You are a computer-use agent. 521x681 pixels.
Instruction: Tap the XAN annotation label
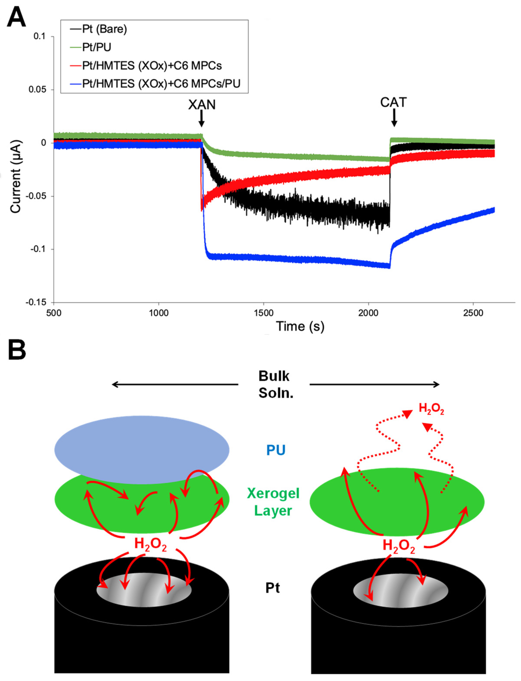(202, 105)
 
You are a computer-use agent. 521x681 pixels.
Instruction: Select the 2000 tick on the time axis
(368, 313)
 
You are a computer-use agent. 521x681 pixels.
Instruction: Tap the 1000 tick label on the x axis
(158, 313)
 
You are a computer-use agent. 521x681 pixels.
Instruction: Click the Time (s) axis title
(300, 326)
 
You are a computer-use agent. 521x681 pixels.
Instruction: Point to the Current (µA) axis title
(15, 177)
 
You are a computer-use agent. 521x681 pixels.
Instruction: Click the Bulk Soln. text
(274, 384)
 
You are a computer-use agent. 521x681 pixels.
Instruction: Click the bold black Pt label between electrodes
(273, 588)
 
